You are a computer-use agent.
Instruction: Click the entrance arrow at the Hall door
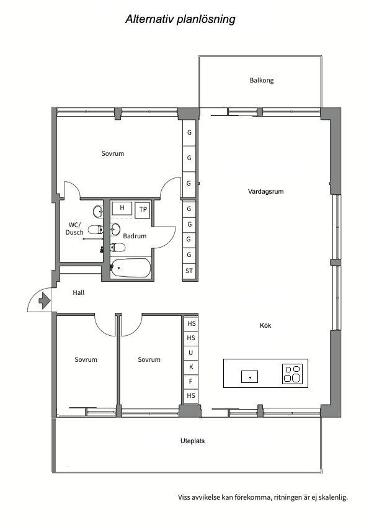(x=45, y=300)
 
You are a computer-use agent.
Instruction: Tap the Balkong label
(x=262, y=80)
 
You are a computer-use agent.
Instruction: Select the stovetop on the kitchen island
(x=293, y=374)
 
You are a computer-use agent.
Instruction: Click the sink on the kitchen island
(x=249, y=377)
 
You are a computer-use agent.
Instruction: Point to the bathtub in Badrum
(x=130, y=268)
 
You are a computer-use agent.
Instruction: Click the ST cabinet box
(x=189, y=271)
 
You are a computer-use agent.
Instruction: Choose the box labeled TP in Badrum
(x=143, y=210)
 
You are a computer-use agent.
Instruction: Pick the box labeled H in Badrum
(x=122, y=208)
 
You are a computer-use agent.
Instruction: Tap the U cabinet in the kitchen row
(x=191, y=353)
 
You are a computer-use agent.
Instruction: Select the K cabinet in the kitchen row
(x=191, y=367)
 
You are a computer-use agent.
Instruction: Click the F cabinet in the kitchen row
(x=191, y=382)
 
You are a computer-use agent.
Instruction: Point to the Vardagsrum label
(x=265, y=191)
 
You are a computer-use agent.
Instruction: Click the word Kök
(x=265, y=325)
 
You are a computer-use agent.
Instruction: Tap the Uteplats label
(x=192, y=441)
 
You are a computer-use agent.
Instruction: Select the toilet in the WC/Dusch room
(x=96, y=230)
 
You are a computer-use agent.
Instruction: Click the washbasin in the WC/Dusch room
(x=98, y=212)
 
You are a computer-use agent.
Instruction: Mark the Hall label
(x=79, y=292)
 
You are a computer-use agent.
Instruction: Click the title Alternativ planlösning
(x=180, y=19)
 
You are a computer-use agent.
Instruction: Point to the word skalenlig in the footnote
(x=333, y=498)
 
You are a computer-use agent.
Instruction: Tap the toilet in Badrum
(x=118, y=248)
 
